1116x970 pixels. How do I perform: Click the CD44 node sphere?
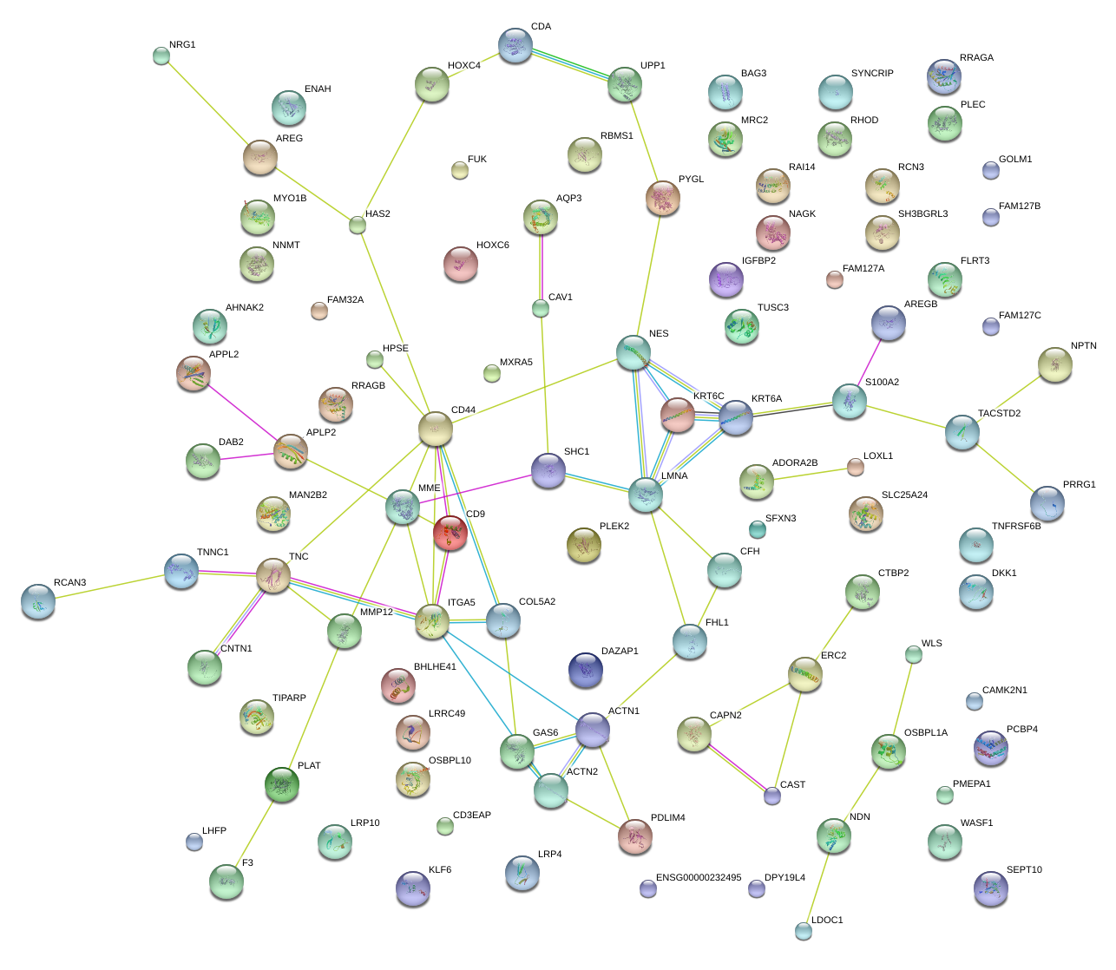click(436, 429)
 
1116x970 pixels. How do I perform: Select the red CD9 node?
click(450, 533)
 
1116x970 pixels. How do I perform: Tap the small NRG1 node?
click(161, 56)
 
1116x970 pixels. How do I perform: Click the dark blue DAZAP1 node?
click(586, 670)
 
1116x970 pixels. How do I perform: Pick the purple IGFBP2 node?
click(726, 279)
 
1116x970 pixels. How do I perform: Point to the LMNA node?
click(646, 494)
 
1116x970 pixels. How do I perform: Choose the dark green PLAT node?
click(281, 783)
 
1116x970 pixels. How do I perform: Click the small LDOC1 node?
click(804, 931)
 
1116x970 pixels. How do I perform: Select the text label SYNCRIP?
click(872, 74)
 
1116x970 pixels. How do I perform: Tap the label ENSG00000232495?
click(699, 878)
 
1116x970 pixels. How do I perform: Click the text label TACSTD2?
click(999, 414)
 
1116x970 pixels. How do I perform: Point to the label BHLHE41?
click(435, 667)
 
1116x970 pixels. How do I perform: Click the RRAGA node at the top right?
click(943, 77)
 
